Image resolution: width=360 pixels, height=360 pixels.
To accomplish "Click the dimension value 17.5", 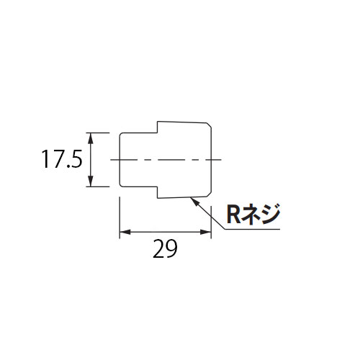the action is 62,159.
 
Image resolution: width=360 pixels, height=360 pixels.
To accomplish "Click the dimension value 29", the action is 165,248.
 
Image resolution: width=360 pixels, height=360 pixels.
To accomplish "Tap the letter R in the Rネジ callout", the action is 233,215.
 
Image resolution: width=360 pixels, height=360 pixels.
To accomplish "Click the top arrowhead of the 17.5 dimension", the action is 90,138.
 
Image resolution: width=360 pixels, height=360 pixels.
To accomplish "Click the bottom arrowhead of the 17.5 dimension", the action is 90,181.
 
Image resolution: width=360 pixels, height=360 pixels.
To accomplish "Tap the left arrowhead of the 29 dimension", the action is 125,232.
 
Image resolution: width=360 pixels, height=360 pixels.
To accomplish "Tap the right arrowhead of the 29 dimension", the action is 206,232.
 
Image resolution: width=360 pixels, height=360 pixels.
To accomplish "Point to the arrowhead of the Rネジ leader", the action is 194,202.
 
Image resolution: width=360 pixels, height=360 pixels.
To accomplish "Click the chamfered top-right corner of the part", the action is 209,125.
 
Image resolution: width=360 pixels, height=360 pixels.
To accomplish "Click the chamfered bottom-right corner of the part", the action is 209,194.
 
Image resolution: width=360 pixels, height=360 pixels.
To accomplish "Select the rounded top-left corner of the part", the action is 121,135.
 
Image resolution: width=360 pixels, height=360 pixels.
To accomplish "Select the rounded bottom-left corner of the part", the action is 121,184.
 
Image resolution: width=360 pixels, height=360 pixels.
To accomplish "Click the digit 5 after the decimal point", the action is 76,159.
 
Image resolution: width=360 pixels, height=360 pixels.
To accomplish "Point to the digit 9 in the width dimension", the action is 171,248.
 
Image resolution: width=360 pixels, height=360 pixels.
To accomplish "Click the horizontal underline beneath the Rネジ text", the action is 252,229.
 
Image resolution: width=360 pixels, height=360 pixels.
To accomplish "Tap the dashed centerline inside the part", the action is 166,160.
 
